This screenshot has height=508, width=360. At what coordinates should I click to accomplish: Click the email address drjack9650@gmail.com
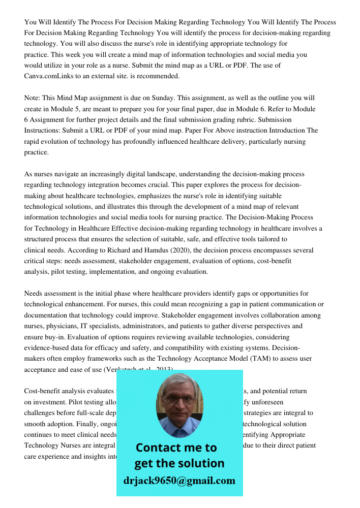[x=179, y=481]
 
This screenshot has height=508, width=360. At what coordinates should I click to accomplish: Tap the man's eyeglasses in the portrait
[x=178, y=399]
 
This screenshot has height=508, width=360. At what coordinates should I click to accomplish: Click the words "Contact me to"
[x=176, y=448]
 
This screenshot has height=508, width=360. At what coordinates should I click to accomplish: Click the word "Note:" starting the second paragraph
[x=34, y=98]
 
